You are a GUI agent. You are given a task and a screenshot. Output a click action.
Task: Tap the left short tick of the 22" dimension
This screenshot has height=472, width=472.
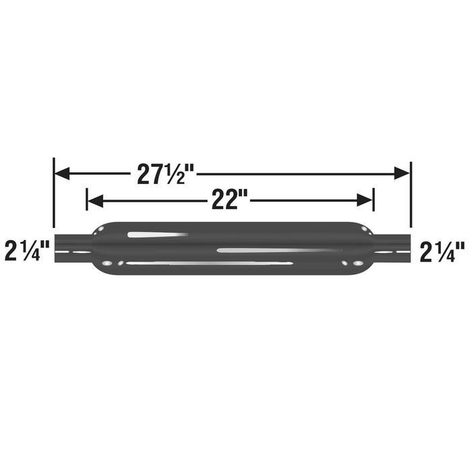point(87,200)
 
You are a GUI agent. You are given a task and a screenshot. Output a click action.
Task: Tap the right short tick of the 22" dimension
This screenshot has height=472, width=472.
point(374,200)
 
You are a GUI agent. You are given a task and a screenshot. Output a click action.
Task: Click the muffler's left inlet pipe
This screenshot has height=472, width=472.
point(73,247)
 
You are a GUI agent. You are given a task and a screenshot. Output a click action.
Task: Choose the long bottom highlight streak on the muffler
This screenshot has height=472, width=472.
point(209,262)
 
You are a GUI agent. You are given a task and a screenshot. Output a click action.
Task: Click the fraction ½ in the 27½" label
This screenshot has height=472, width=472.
point(177,175)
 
